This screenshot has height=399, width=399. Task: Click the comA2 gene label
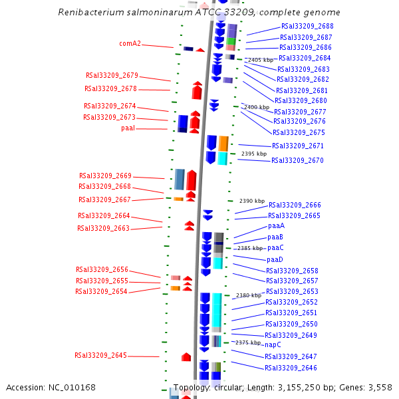130,44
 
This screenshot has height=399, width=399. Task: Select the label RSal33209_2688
307,26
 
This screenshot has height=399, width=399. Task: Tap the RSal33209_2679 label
112,75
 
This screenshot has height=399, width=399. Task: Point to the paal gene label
128,128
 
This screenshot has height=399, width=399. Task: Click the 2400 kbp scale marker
257,107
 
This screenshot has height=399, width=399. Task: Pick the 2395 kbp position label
253,154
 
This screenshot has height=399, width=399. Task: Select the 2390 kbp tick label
252,201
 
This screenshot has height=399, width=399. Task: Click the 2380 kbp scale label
249,295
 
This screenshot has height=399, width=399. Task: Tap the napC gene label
273,344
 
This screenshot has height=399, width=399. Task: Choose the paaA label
276,225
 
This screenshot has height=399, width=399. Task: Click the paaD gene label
275,259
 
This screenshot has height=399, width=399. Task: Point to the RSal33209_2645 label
100,355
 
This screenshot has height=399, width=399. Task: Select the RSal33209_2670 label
297,160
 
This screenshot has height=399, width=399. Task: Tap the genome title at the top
199,13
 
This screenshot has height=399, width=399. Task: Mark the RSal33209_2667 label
104,199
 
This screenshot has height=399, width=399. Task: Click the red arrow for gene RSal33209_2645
186,357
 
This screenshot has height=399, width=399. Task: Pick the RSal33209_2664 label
104,215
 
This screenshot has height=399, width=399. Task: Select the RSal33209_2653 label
292,291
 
